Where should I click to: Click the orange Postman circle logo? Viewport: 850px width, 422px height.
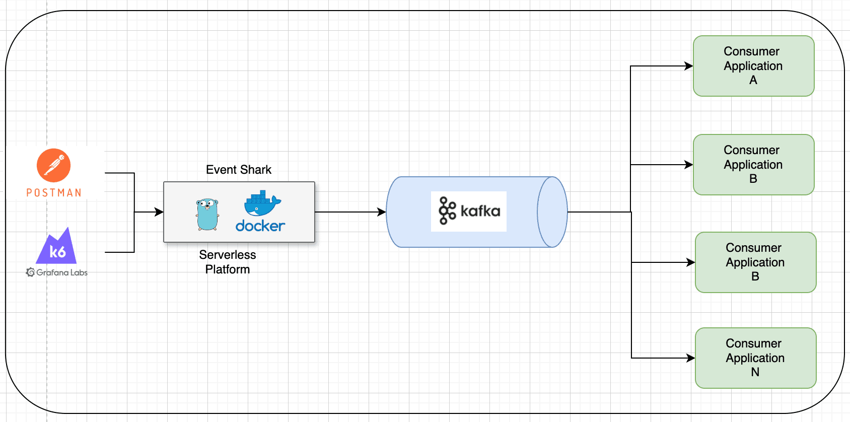(53, 165)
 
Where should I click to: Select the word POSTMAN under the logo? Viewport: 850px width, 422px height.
(54, 193)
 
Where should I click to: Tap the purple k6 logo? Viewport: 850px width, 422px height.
(57, 248)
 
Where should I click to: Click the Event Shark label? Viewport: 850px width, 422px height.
(239, 170)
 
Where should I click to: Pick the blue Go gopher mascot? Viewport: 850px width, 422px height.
(207, 215)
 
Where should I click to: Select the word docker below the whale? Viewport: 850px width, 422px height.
(260, 226)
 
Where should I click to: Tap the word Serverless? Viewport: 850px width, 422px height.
(227, 255)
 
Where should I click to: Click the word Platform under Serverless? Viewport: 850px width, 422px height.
(227, 269)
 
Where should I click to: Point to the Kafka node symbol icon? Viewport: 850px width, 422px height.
(447, 210)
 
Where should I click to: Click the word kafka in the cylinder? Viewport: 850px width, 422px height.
(480, 211)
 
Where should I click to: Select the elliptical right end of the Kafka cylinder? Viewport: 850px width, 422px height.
(552, 212)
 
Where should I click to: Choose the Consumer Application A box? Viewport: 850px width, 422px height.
(753, 66)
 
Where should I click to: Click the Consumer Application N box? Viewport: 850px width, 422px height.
(755, 358)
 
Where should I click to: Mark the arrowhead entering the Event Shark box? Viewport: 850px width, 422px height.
(159, 212)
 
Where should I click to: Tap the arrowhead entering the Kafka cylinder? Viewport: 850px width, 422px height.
(382, 212)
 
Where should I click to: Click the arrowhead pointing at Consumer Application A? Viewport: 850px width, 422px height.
(689, 66)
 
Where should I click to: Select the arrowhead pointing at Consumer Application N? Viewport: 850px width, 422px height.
(691, 358)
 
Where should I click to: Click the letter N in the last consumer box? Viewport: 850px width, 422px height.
(755, 372)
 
